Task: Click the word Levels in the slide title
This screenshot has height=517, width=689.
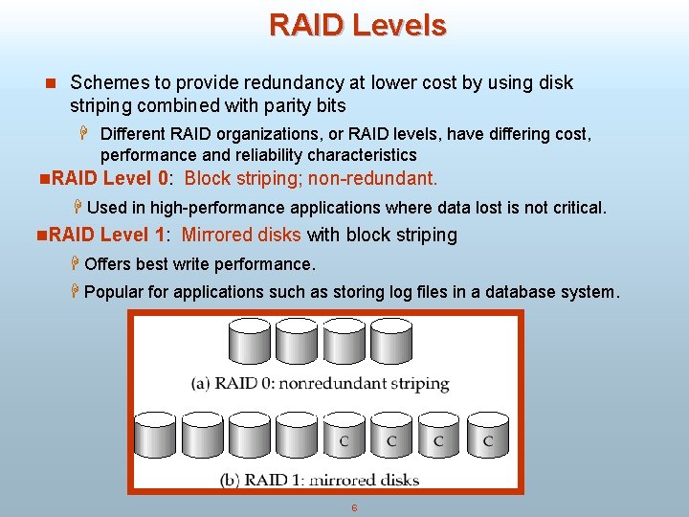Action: (x=400, y=25)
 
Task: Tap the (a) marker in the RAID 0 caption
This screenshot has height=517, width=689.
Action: (x=200, y=384)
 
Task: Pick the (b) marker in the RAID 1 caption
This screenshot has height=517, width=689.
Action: (x=230, y=479)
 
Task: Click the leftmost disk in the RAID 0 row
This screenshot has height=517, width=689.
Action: (x=249, y=342)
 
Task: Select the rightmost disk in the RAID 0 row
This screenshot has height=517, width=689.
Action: (x=390, y=342)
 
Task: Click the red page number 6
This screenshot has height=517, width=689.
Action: (x=354, y=507)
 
